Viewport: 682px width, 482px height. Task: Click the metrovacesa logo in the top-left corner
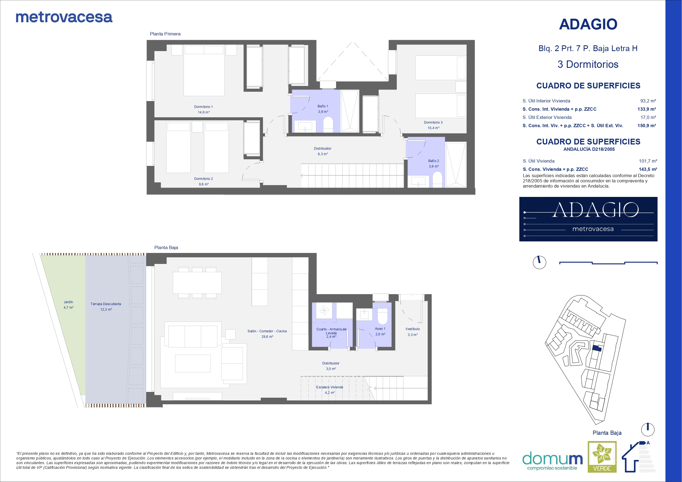(x=64, y=17)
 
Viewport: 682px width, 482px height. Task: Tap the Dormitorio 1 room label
(x=203, y=107)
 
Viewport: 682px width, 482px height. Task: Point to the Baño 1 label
(x=323, y=106)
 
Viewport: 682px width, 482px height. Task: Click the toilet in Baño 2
(x=437, y=180)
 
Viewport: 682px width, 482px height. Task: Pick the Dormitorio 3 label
(x=433, y=122)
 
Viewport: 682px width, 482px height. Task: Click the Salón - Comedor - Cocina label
(x=267, y=331)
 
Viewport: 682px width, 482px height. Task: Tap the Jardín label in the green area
(x=68, y=302)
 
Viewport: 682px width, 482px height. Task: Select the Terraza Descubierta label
(x=106, y=304)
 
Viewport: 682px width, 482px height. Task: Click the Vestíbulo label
(x=413, y=329)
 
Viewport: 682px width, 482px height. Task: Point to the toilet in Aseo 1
(x=382, y=316)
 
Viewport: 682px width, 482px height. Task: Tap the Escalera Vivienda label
(x=330, y=387)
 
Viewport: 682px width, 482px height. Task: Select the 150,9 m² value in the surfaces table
(x=647, y=126)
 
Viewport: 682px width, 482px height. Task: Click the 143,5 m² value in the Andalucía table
(x=648, y=169)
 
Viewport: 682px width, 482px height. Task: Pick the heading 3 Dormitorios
(x=588, y=65)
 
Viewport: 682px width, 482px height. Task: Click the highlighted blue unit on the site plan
(x=597, y=348)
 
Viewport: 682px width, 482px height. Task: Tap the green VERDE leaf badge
(x=602, y=457)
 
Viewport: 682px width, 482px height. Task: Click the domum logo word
(x=552, y=459)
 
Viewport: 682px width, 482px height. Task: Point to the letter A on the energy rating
(x=648, y=443)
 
